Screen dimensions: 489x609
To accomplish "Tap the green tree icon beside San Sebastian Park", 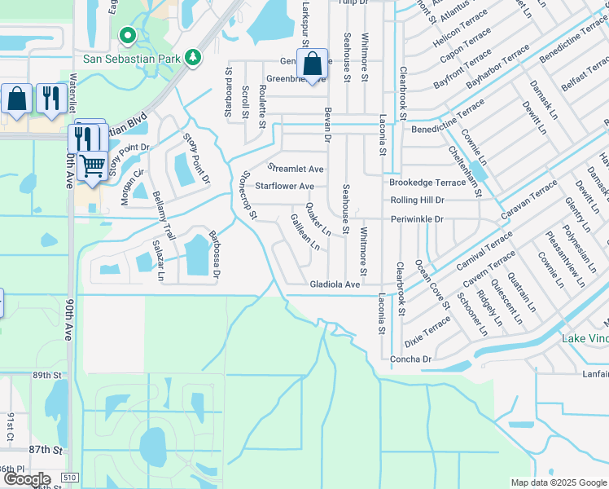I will pyautogui.click(x=193, y=58).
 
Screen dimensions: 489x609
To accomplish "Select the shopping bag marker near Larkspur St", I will pyautogui.click(x=312, y=64).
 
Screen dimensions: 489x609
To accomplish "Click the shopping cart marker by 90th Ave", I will pyautogui.click(x=92, y=165).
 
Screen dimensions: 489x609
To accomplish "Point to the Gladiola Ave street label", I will pyautogui.click(x=334, y=285).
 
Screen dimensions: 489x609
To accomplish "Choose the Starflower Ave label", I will pyautogui.click(x=284, y=187).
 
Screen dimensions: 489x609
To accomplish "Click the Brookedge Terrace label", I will pyautogui.click(x=427, y=183).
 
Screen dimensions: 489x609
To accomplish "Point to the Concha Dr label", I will pyautogui.click(x=410, y=359).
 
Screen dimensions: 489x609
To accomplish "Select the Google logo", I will pyautogui.click(x=26, y=480).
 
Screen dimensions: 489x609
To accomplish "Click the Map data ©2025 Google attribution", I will pyautogui.click(x=558, y=482).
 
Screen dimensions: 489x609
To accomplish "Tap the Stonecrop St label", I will pyautogui.click(x=248, y=196).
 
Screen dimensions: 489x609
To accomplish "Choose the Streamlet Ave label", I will pyautogui.click(x=296, y=169).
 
